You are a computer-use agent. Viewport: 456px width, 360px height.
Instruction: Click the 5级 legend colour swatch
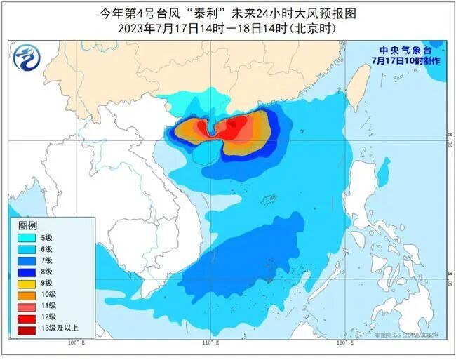point(27,237)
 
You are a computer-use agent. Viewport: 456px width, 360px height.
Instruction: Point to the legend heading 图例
point(27,225)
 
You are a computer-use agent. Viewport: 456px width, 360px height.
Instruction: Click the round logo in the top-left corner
point(26,56)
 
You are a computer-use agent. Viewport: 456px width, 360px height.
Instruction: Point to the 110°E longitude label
point(210,345)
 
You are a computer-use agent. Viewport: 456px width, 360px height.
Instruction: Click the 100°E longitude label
point(76,345)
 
